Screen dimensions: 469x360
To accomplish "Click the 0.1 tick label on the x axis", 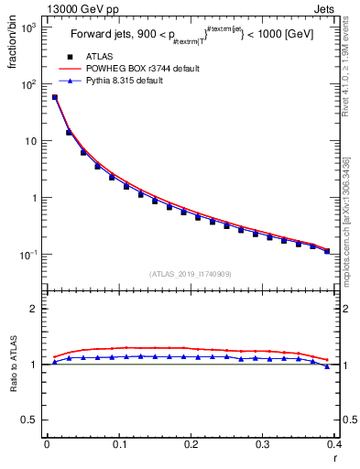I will pos(119,444).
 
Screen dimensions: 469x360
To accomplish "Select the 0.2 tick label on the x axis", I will pos(191,444).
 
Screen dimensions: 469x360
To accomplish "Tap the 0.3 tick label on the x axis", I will pos(263,444).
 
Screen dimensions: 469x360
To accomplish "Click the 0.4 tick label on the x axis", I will pos(335,444).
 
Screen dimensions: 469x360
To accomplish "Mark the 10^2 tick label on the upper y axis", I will pos(29,84).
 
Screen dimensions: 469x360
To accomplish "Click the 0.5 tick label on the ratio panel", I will pos(30,420).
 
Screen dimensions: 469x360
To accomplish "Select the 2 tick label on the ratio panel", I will pos(35,309).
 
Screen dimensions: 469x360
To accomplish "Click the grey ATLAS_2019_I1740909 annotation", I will pos(190,274).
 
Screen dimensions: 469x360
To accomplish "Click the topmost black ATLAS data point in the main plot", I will pos(55,97).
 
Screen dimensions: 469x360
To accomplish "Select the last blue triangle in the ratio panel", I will pos(327,366).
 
